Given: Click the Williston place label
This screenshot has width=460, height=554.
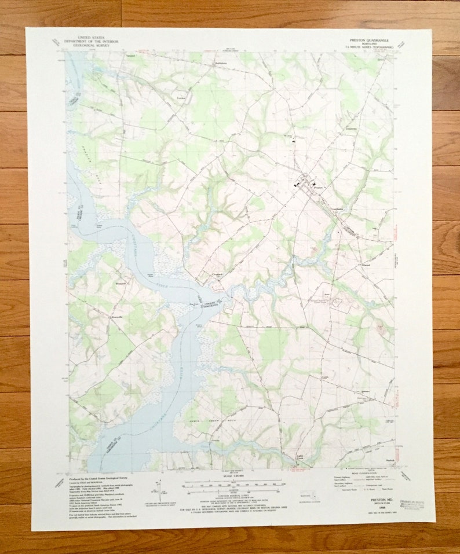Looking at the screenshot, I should [x=121, y=284].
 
